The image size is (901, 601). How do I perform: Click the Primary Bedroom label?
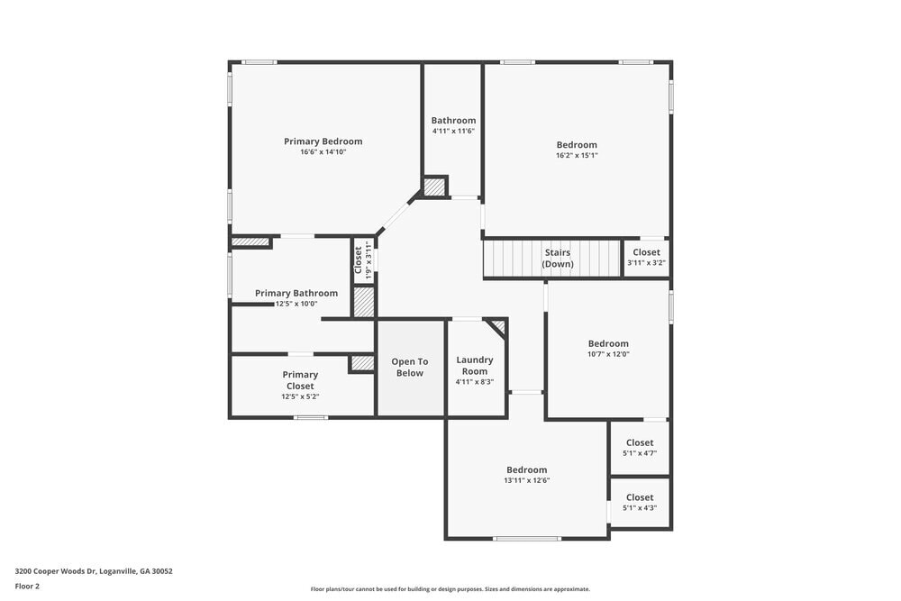(x=323, y=141)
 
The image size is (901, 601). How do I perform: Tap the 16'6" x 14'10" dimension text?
(x=323, y=152)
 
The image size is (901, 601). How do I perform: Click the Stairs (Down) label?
(x=558, y=259)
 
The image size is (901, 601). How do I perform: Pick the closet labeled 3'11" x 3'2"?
(x=646, y=257)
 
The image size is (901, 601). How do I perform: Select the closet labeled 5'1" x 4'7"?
(x=640, y=447)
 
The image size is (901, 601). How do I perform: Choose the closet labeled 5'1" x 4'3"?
(x=640, y=502)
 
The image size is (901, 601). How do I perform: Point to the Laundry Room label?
(x=475, y=366)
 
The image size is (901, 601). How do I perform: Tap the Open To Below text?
(x=409, y=367)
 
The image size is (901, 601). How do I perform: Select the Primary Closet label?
(x=300, y=380)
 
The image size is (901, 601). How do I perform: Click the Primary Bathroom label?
(x=296, y=293)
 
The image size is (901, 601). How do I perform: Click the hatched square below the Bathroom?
(x=434, y=187)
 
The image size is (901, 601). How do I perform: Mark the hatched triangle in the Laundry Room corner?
(x=498, y=326)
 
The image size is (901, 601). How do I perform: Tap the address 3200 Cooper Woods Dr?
(x=94, y=571)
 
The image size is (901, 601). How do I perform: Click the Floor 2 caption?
(x=27, y=586)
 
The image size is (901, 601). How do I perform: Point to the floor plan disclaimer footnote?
(x=450, y=589)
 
